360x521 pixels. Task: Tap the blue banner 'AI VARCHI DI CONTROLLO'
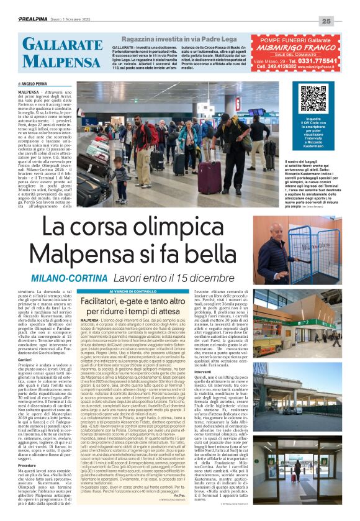133,291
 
